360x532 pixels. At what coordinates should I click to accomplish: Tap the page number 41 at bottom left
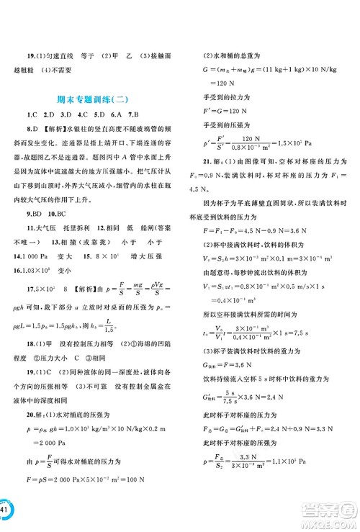point(6,512)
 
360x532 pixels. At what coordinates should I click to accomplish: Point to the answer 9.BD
point(32,214)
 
